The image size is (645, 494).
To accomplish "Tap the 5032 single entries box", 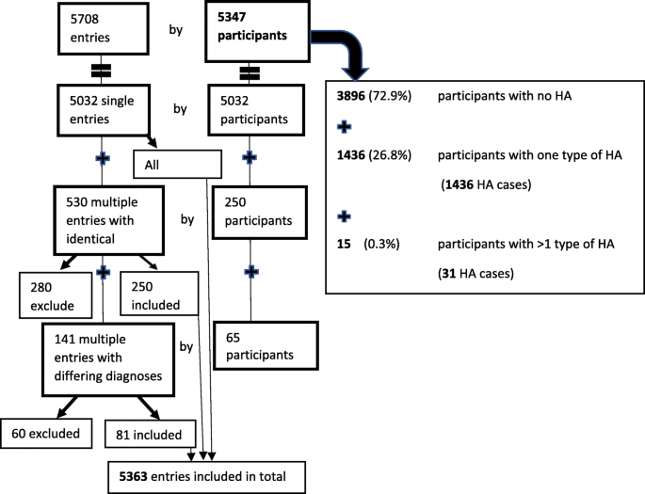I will [x=102, y=110].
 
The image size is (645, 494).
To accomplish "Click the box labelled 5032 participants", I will [x=250, y=110].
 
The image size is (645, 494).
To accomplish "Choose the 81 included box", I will [x=150, y=435].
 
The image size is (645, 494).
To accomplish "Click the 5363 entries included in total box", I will [x=207, y=477].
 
